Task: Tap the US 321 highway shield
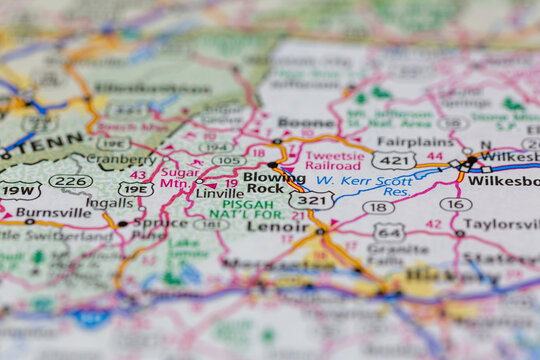click(x=311, y=200)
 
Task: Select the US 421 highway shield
click(x=393, y=160)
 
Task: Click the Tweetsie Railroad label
click(x=335, y=162)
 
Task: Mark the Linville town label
click(x=220, y=192)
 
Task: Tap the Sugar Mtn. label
click(x=180, y=179)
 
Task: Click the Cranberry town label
click(x=121, y=158)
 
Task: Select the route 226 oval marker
click(x=71, y=181)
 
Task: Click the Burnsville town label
click(x=51, y=212)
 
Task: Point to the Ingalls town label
click(x=110, y=203)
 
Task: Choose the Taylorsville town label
click(x=502, y=224)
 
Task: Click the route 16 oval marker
click(x=455, y=204)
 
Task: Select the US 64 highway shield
click(x=390, y=232)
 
